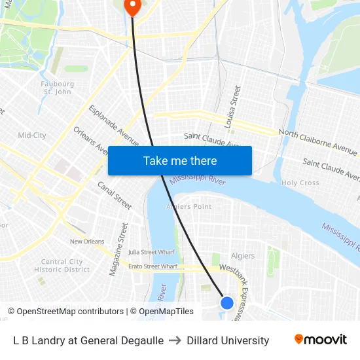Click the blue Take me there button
[180, 160]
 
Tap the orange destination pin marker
[132, 7]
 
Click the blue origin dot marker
[227, 302]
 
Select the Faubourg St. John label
[58, 88]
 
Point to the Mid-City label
[31, 135]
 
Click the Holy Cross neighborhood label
[300, 183]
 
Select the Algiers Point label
[189, 206]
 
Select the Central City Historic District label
[62, 266]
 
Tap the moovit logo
[321, 340]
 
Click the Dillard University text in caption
[228, 340]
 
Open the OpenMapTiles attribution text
[162, 312]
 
